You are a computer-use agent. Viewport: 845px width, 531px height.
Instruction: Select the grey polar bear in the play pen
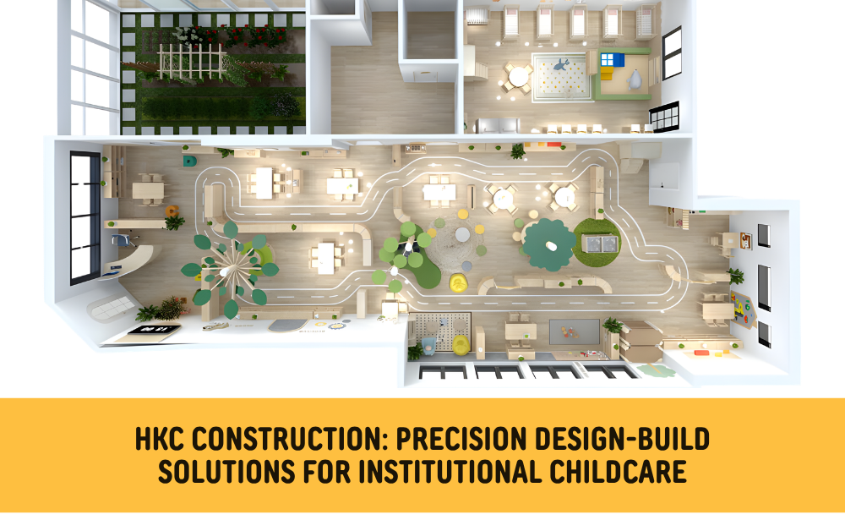click(635, 80)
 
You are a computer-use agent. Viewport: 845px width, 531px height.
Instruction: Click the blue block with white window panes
click(610, 58)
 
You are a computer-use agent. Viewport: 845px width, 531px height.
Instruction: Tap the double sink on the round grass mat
click(598, 244)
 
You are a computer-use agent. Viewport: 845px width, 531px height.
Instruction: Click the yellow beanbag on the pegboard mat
click(461, 343)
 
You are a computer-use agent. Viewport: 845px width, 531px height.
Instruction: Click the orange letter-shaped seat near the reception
click(172, 211)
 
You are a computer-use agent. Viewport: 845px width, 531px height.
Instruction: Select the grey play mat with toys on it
click(575, 331)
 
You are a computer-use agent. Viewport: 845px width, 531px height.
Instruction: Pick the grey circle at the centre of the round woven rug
click(461, 234)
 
